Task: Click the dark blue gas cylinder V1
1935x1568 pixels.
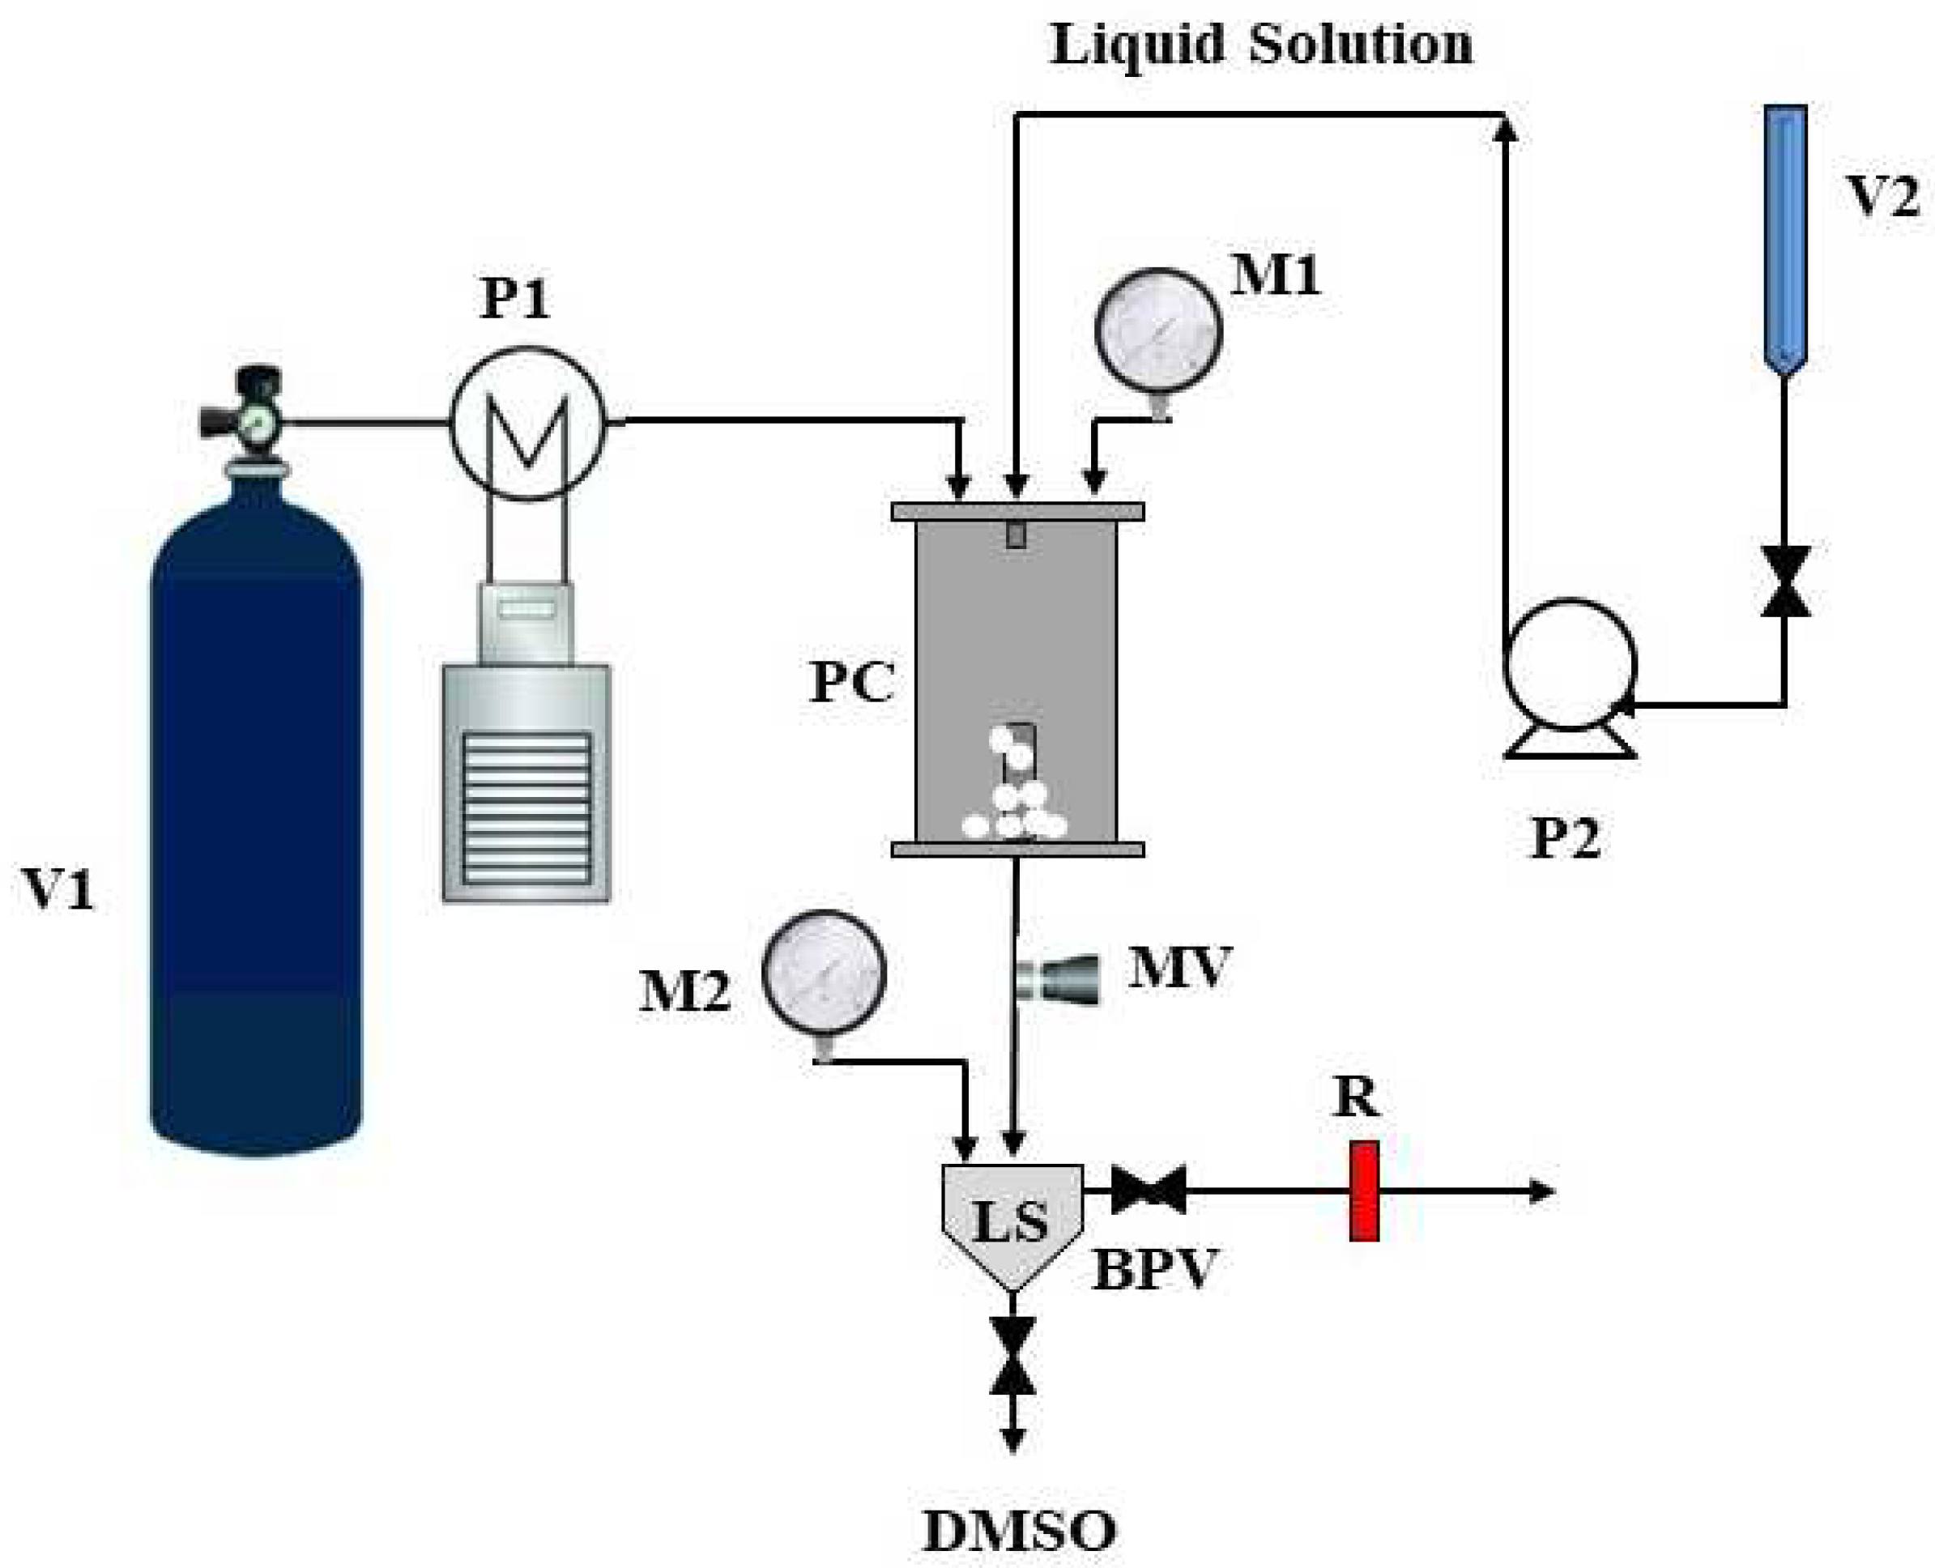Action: click(x=256, y=813)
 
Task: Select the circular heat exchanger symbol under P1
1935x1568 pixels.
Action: click(x=526, y=423)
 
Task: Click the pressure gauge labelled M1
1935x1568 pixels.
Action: click(x=1157, y=331)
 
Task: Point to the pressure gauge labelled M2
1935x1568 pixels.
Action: click(x=823, y=973)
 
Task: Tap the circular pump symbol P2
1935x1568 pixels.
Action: click(x=1569, y=664)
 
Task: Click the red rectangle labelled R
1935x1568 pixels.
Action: click(x=1363, y=1191)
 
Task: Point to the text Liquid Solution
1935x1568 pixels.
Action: click(x=1261, y=45)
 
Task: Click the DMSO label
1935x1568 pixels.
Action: click(x=1019, y=1531)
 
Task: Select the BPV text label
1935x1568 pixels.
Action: click(x=1154, y=1270)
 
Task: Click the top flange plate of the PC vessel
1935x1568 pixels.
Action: click(x=1018, y=511)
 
